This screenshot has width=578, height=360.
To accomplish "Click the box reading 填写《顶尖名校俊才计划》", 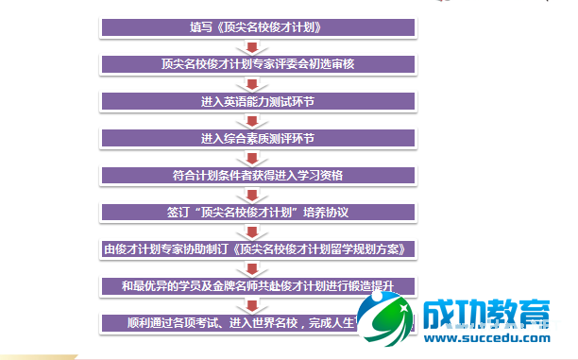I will [258, 27].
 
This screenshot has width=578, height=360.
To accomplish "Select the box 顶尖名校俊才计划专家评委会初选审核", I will [258, 64].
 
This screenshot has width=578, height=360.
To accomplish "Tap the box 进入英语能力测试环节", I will [258, 101].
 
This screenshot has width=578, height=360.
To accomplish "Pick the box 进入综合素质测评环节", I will [258, 138].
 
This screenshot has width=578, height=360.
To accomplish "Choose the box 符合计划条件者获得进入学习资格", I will [258, 175].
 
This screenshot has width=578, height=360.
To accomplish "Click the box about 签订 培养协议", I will [258, 212].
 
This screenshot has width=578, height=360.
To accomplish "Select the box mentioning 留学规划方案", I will [258, 249].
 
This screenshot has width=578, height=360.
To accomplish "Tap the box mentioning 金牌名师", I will [258, 285].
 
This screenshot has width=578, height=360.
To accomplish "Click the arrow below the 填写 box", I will [251, 46].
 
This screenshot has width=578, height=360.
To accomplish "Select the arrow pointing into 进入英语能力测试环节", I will [251, 83].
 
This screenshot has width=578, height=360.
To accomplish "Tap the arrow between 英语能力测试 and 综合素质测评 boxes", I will [251, 120].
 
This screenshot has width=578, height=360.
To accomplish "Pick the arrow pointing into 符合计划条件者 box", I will [251, 157].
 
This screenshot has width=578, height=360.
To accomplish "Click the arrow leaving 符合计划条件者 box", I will [251, 194].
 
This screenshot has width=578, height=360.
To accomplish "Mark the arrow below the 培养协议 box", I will [251, 231].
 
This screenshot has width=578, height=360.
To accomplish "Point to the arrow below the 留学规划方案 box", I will [251, 267].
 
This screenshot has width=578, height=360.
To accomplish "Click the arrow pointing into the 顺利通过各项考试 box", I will [251, 304].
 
